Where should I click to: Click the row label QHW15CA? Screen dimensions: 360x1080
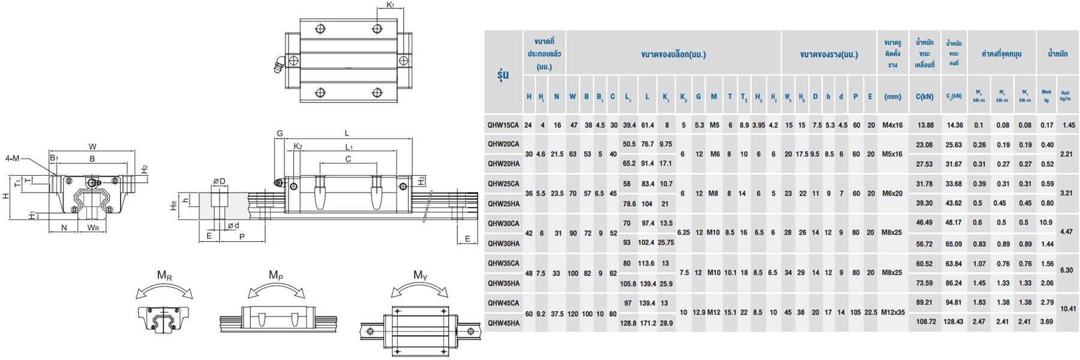(x=503, y=125)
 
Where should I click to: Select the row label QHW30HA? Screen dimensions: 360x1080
(x=503, y=244)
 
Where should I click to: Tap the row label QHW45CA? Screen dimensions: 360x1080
(x=503, y=303)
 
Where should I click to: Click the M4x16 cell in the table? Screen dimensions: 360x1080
(x=892, y=125)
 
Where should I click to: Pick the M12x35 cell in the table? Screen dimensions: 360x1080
(x=892, y=313)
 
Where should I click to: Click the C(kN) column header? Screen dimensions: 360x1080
(x=924, y=96)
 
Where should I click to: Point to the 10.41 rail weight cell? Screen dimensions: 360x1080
(x=1068, y=309)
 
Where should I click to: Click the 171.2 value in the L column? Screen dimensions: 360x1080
(x=647, y=323)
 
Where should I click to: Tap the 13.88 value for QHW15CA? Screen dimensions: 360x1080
(x=925, y=125)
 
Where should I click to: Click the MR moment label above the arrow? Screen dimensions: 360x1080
(x=164, y=275)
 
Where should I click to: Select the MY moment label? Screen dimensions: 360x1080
(x=420, y=275)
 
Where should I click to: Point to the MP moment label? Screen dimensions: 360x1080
(x=276, y=275)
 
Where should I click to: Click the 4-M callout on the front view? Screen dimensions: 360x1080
(x=13, y=158)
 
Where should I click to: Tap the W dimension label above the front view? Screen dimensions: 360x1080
(x=92, y=146)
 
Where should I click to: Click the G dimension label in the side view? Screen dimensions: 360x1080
(x=280, y=133)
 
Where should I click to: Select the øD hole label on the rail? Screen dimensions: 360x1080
(x=219, y=181)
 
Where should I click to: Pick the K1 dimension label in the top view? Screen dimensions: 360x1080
(x=390, y=5)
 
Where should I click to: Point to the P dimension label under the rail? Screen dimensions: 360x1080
(x=242, y=236)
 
